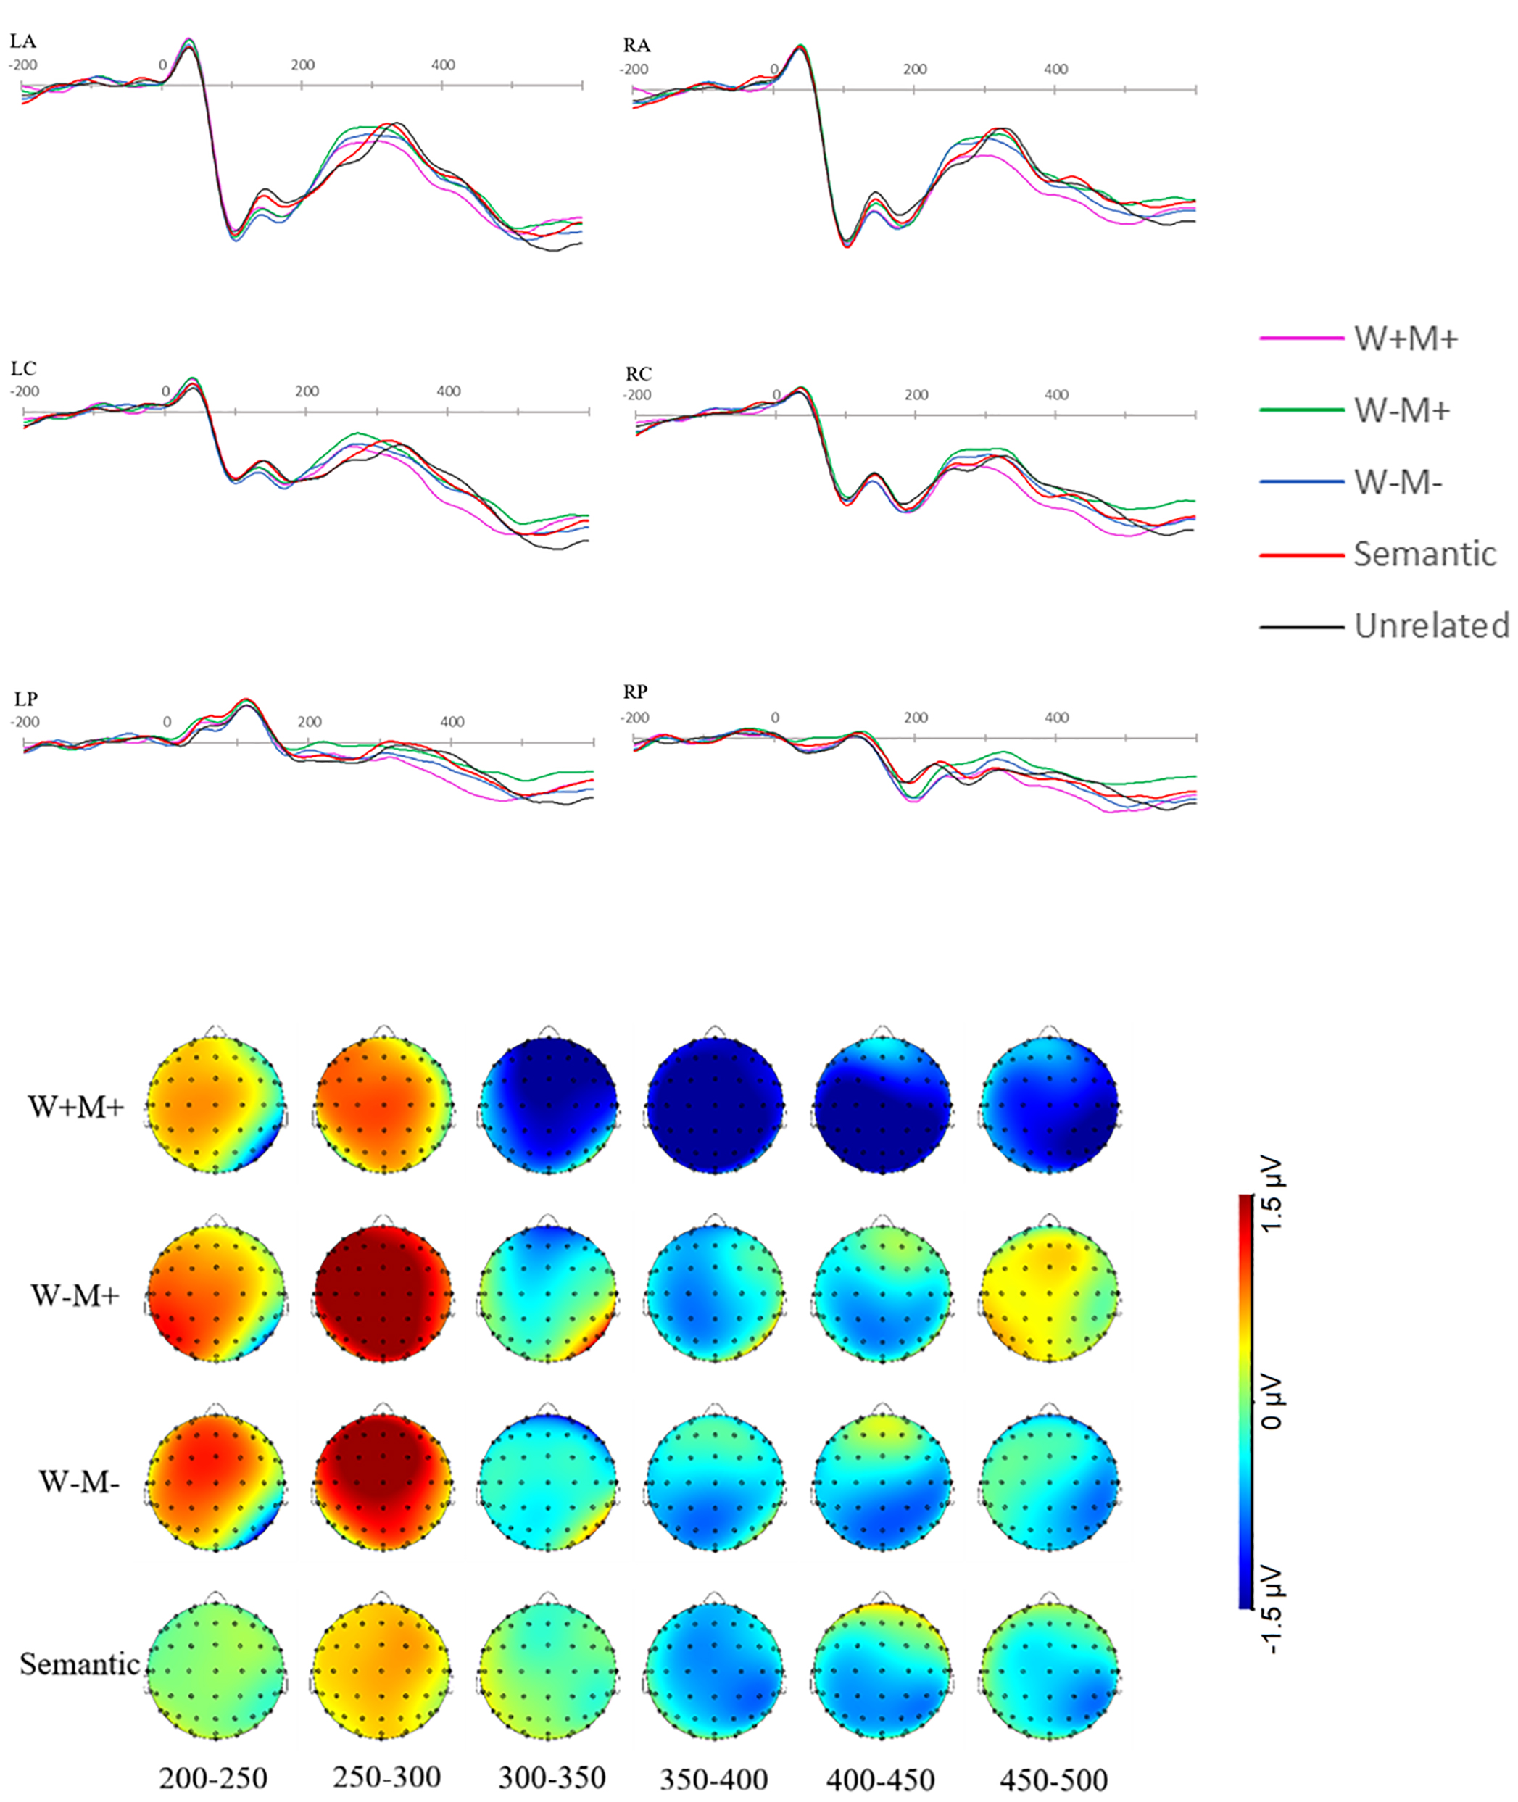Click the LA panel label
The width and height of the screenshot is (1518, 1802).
pos(22,41)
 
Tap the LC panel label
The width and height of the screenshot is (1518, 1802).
pos(23,369)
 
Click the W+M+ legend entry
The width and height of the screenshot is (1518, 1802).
pos(1405,339)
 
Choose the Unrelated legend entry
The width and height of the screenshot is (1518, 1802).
pos(1431,626)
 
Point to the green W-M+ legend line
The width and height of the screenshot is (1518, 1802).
pos(1301,410)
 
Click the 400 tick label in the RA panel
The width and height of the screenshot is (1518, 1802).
pos(1056,69)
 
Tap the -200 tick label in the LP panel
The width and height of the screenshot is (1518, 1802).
pos(25,722)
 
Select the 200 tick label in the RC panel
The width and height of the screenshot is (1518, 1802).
pos(916,395)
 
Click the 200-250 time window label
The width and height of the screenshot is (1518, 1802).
pos(213,1778)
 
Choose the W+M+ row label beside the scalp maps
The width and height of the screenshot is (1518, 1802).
pos(75,1107)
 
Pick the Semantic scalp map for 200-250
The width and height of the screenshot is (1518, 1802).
pos(215,1669)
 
